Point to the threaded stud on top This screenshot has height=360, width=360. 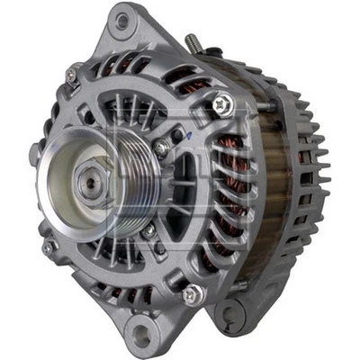coord(192,42)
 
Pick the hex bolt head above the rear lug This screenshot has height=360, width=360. coord(191,294)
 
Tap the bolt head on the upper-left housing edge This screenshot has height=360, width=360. coord(71,76)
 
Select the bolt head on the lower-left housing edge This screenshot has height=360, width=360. coord(49,245)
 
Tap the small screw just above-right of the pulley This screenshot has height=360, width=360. coord(161,148)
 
